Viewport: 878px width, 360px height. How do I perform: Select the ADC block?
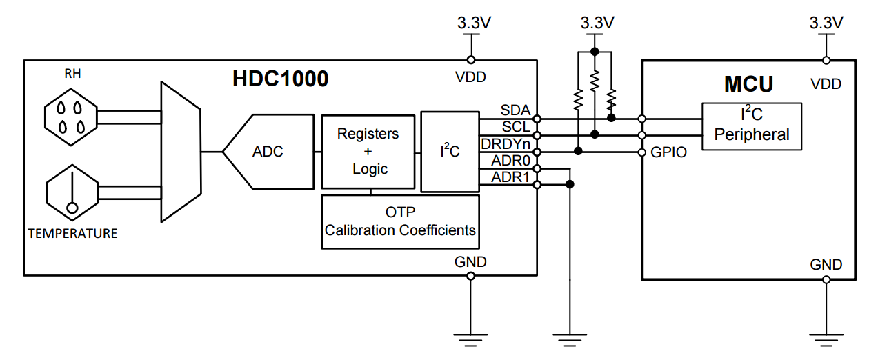pyautogui.click(x=267, y=151)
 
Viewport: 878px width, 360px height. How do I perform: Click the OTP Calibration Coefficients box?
pyautogui.click(x=401, y=221)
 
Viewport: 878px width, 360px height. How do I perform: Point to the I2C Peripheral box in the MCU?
pyautogui.click(x=752, y=126)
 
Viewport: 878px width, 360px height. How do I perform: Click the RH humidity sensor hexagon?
pyautogui.click(x=72, y=117)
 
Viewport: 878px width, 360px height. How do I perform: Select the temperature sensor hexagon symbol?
pyautogui.click(x=72, y=194)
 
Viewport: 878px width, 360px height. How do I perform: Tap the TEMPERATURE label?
pyautogui.click(x=72, y=233)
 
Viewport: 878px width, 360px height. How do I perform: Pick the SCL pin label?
pyautogui.click(x=515, y=126)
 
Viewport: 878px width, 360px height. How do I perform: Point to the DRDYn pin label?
pyautogui.click(x=506, y=143)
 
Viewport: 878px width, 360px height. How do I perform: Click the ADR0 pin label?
pyautogui.click(x=511, y=161)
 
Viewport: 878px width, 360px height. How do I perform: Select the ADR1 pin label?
pyautogui.click(x=511, y=177)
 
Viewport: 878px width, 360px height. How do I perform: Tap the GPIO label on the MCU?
pyautogui.click(x=669, y=152)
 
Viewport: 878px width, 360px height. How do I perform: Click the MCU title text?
pyautogui.click(x=748, y=84)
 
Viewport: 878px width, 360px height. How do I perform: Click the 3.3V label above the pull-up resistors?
pyautogui.click(x=597, y=22)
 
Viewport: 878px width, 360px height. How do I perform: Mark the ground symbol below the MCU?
pyautogui.click(x=826, y=338)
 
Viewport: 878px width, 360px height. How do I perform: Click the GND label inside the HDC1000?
pyautogui.click(x=470, y=262)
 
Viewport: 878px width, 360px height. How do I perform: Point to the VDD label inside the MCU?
pyautogui.click(x=826, y=84)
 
